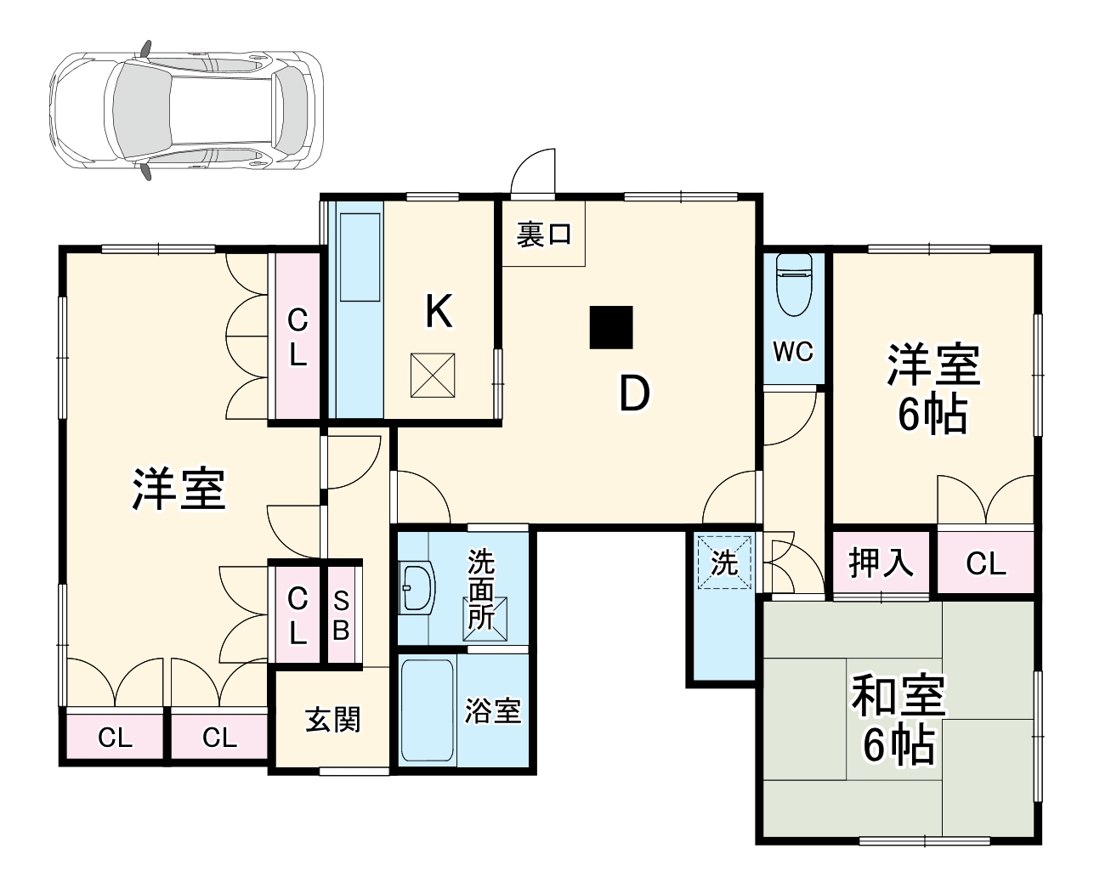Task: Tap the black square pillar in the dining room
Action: coord(611,327)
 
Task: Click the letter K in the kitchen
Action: coord(439,312)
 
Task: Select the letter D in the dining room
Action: coord(633,393)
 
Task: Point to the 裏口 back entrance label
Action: coord(544,235)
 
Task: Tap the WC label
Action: coord(793,351)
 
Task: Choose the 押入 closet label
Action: coord(881,563)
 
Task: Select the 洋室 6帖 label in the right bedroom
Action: coord(933,389)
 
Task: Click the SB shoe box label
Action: coord(341,615)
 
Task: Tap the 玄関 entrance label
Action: coord(332,721)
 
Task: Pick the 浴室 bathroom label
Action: coord(493,710)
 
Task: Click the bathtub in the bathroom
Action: coord(427,710)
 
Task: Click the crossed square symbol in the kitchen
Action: coord(434,375)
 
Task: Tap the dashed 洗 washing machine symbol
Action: coord(724,562)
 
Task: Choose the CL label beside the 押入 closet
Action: coord(985,563)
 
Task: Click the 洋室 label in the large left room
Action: coord(179,489)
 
